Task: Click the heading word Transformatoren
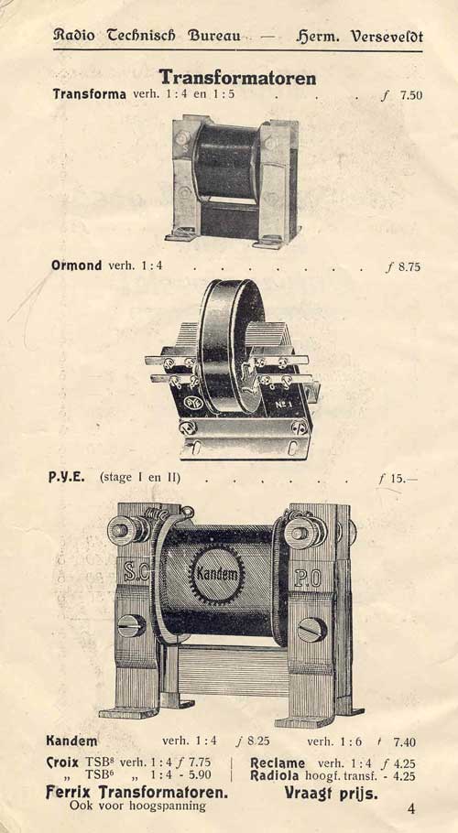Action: coord(237,78)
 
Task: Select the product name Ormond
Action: coord(77,265)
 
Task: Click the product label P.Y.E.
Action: coord(67,477)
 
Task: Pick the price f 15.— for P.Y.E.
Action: coord(398,478)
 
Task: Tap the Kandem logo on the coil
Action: coord(217,574)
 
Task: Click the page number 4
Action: coord(411,808)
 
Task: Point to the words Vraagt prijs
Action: coord(331,794)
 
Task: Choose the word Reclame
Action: coord(278,763)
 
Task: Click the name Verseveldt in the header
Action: coord(387,37)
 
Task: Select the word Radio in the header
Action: coord(74,36)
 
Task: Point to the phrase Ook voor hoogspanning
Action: coord(137,806)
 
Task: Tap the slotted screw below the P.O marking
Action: coord(312,630)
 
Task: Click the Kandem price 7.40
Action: coord(405,742)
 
